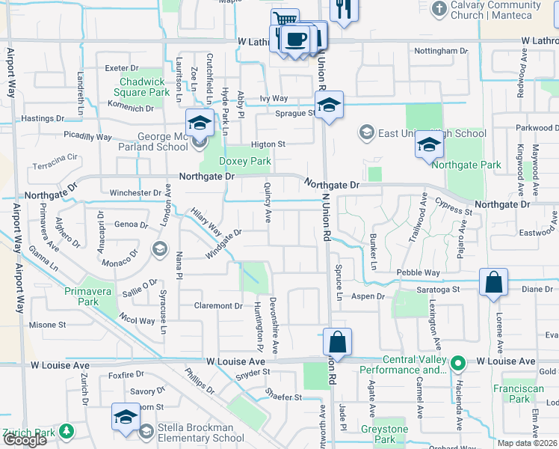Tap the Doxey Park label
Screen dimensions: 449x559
244,161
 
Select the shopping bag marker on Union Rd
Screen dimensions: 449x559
337,343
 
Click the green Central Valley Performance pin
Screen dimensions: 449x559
460,364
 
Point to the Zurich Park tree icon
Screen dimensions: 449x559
67,431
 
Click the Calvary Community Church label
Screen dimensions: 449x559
495,10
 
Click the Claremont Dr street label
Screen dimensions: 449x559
218,305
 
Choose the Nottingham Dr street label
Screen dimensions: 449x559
442,51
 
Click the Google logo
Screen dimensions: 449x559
24,439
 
